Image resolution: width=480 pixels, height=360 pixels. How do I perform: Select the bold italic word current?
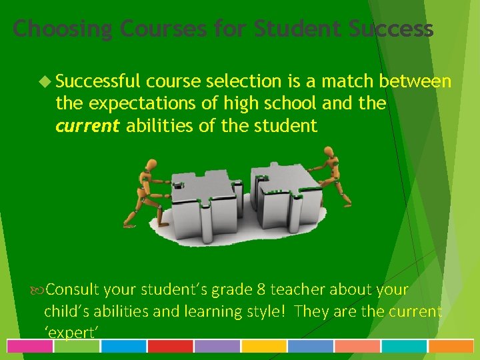[x=88, y=125]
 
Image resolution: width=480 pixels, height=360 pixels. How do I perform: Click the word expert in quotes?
[x=71, y=332]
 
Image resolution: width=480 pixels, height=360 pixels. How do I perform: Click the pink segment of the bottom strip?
[x=30, y=346]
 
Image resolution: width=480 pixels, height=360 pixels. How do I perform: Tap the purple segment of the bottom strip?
[x=217, y=346]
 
